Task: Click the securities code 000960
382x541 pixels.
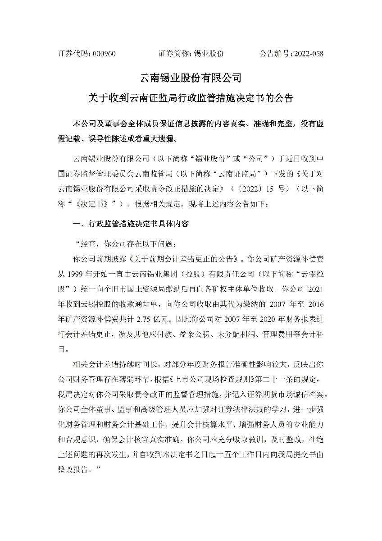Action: [104, 54]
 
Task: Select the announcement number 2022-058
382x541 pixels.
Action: [308, 54]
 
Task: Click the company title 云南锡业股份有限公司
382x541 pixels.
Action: [191, 78]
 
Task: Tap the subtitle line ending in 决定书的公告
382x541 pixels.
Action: [191, 98]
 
